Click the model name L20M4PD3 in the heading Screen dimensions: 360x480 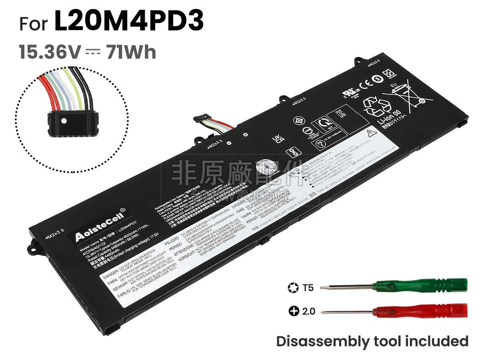[129, 22]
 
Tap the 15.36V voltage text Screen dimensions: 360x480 [50, 52]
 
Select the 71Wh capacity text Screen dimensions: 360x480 [131, 52]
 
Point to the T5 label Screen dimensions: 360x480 [308, 287]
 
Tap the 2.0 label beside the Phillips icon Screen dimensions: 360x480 [308, 311]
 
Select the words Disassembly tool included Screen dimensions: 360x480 [372, 341]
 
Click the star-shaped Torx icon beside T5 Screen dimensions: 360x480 [292, 287]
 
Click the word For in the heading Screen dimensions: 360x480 [34, 24]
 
